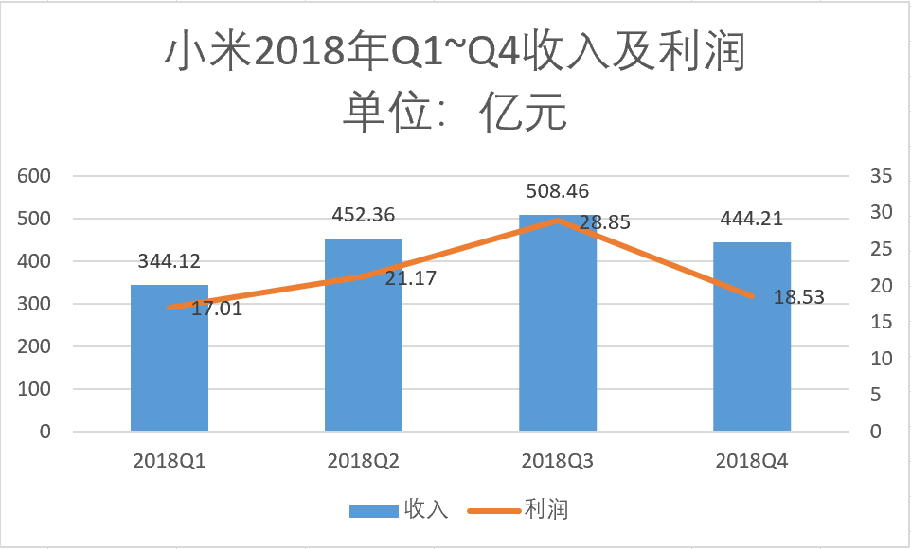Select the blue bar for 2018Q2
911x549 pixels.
click(x=364, y=341)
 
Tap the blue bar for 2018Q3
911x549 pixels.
click(x=558, y=331)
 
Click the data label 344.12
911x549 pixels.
click(x=169, y=261)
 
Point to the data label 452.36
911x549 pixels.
click(x=364, y=215)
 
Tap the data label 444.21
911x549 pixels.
click(x=752, y=220)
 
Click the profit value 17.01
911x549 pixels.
click(x=217, y=308)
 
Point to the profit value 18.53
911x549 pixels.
click(x=798, y=297)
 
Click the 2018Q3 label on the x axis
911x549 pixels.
click(x=558, y=462)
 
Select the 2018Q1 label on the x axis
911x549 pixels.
click(x=169, y=462)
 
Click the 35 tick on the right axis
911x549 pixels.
click(x=882, y=176)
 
